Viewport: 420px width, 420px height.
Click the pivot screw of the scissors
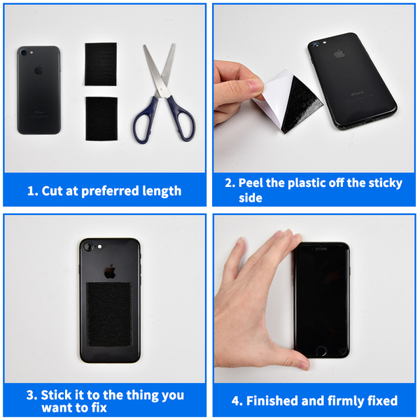(x=162, y=90)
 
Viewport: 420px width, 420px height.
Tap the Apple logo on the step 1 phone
(x=38, y=70)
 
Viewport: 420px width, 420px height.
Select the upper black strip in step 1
(x=101, y=64)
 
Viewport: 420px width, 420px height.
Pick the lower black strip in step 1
(x=101, y=119)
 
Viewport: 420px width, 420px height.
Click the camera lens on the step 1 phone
(x=24, y=52)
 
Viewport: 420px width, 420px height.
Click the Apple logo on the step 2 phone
(x=339, y=54)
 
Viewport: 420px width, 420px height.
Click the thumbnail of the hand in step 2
(x=255, y=86)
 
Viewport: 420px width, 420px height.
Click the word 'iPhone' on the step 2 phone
(x=357, y=93)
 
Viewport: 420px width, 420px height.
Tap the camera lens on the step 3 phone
(x=87, y=246)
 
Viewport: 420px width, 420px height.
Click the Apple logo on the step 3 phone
(x=110, y=272)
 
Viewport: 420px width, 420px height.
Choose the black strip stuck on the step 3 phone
(x=109, y=314)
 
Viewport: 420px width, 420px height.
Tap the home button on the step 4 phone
(x=321, y=351)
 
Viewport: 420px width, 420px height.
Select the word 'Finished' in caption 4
(x=272, y=400)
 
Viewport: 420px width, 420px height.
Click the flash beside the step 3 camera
(x=99, y=246)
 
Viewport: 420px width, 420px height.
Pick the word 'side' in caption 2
(x=251, y=198)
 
